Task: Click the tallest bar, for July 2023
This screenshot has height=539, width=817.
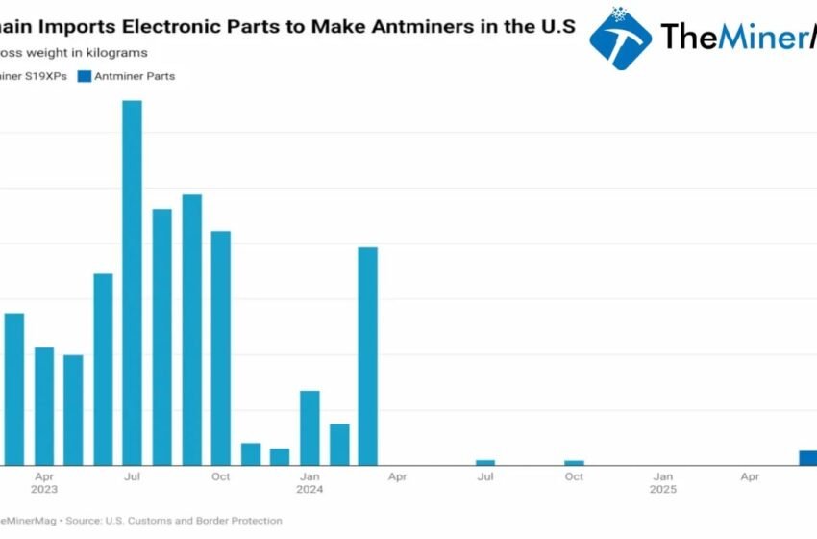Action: (132, 283)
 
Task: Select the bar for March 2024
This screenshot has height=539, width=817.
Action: (367, 356)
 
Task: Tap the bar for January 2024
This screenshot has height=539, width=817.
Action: (309, 427)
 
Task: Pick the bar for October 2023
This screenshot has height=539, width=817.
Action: (221, 348)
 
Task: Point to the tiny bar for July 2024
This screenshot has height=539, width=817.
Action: (485, 463)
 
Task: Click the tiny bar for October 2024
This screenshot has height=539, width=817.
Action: (574, 463)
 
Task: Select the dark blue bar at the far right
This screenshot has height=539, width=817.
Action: (808, 458)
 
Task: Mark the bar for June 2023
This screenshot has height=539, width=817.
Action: (103, 370)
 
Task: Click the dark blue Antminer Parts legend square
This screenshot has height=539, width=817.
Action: (84, 76)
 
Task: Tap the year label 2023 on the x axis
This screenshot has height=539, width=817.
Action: (44, 490)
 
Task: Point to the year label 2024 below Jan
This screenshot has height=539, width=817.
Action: (309, 490)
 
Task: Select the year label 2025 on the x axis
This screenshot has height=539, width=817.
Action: (663, 490)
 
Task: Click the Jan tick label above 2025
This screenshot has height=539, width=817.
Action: (663, 476)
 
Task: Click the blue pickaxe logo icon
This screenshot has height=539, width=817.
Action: (620, 38)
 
